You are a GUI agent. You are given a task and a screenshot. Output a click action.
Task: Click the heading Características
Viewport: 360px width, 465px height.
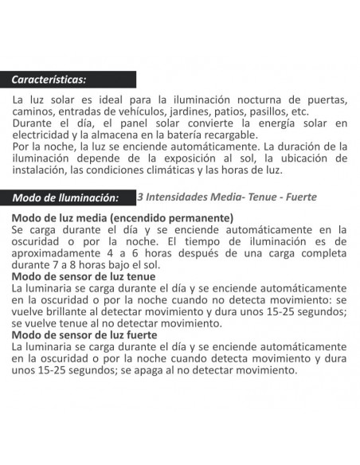[49, 80]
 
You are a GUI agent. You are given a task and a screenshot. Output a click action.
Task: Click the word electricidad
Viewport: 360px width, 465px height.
[44, 135]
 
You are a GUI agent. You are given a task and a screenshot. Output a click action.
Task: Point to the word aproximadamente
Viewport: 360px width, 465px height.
[57, 252]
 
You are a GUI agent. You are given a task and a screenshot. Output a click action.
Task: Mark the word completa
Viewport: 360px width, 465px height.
[319, 252]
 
